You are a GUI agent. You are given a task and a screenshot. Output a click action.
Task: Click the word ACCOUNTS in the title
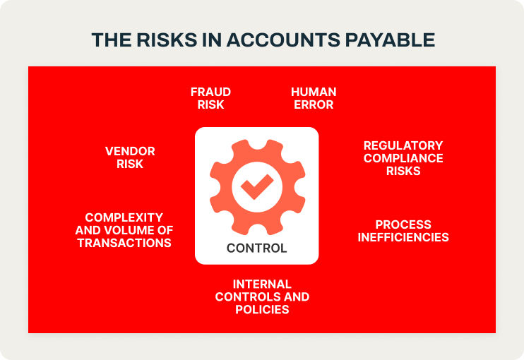pyautogui.click(x=283, y=40)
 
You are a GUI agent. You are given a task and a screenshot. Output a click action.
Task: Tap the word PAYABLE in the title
pyautogui.click(x=390, y=40)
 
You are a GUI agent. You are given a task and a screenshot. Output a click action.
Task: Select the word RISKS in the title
pyautogui.click(x=167, y=40)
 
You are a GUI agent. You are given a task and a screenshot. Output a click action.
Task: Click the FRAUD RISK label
pyautogui.click(x=210, y=98)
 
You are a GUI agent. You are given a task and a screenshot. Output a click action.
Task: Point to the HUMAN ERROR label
pyautogui.click(x=314, y=98)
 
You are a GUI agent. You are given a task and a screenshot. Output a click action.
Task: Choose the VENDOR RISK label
pyautogui.click(x=130, y=157)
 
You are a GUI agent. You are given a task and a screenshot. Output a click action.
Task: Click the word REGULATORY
pyautogui.click(x=403, y=145)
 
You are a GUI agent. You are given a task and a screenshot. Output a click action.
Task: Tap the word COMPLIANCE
pyautogui.click(x=403, y=158)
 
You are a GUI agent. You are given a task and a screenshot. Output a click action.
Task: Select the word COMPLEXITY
pyautogui.click(x=124, y=217)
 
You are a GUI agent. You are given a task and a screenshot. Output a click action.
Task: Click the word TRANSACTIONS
pyautogui.click(x=124, y=243)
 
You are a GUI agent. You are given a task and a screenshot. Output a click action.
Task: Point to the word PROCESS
pyautogui.click(x=403, y=224)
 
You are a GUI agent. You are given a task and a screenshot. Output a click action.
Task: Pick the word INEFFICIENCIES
pyautogui.click(x=403, y=237)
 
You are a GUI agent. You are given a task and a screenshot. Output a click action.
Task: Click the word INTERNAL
pyautogui.click(x=262, y=284)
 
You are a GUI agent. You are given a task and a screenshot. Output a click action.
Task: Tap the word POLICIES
pyautogui.click(x=262, y=310)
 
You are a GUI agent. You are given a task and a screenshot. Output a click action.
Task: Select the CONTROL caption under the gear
pyautogui.click(x=256, y=248)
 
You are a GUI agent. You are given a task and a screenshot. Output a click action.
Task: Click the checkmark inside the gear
pyautogui.click(x=256, y=186)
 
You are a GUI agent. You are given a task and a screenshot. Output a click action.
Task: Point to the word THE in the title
pyautogui.click(x=112, y=40)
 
